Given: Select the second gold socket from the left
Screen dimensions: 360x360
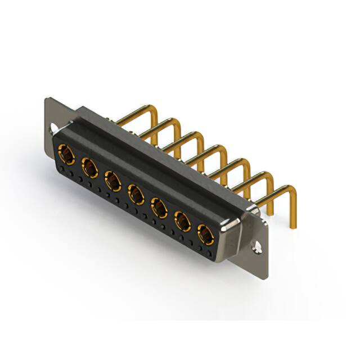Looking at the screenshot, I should coord(89,166).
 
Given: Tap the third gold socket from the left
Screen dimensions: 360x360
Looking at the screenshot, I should coord(113,181).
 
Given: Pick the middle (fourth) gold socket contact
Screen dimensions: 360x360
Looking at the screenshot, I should coord(136,194).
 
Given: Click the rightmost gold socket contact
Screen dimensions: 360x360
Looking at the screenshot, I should coord(205,235).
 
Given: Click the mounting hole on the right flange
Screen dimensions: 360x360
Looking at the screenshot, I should coord(258,246).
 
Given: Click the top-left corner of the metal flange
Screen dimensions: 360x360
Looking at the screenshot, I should coord(47,100).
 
